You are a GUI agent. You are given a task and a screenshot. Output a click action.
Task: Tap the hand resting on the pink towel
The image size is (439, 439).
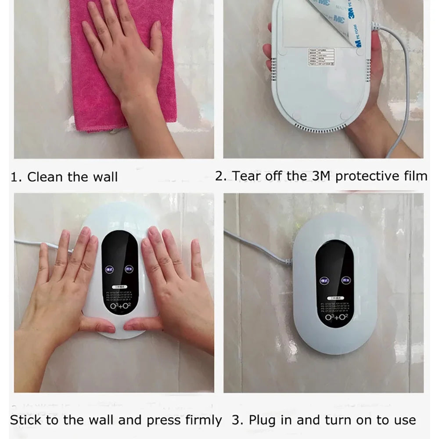(125, 57)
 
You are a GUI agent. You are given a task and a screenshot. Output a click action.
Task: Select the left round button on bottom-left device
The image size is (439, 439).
(108, 269)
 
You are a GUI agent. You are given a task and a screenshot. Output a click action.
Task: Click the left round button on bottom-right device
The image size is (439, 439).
(324, 280)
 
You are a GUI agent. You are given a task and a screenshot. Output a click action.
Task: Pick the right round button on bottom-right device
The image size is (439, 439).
(346, 280)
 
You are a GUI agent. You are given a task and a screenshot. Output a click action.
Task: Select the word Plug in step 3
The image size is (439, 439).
(262, 420)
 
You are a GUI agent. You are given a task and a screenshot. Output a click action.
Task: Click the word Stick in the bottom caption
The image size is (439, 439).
(26, 420)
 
